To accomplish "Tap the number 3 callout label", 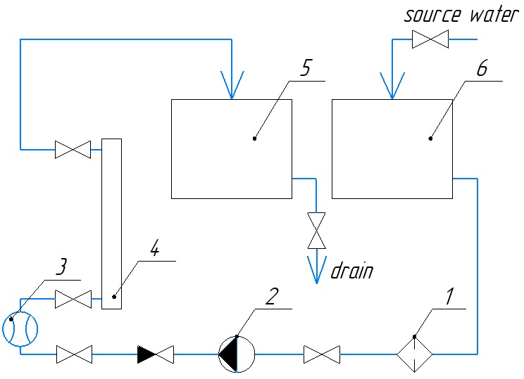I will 62,267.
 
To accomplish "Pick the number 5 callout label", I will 304,68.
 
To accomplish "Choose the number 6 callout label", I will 481,68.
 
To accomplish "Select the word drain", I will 352,271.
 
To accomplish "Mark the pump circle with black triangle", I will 237,354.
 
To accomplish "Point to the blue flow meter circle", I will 20,328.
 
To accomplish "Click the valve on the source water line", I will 430,40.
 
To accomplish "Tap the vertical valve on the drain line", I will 316,230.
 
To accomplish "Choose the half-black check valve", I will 156,354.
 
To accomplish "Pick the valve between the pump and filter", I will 322,354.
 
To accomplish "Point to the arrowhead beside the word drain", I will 316,270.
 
